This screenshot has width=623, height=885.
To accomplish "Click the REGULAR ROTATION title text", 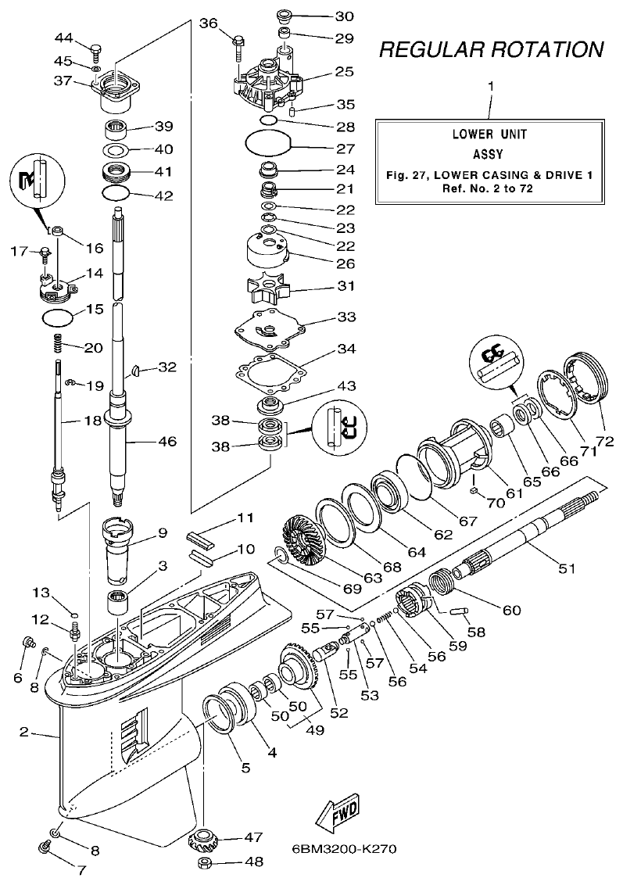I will pyautogui.click(x=491, y=49).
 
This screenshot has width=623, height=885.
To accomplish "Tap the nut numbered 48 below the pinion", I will pyautogui.click(x=206, y=863).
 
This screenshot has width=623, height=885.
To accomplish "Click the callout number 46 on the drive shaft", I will pyautogui.click(x=166, y=442).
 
